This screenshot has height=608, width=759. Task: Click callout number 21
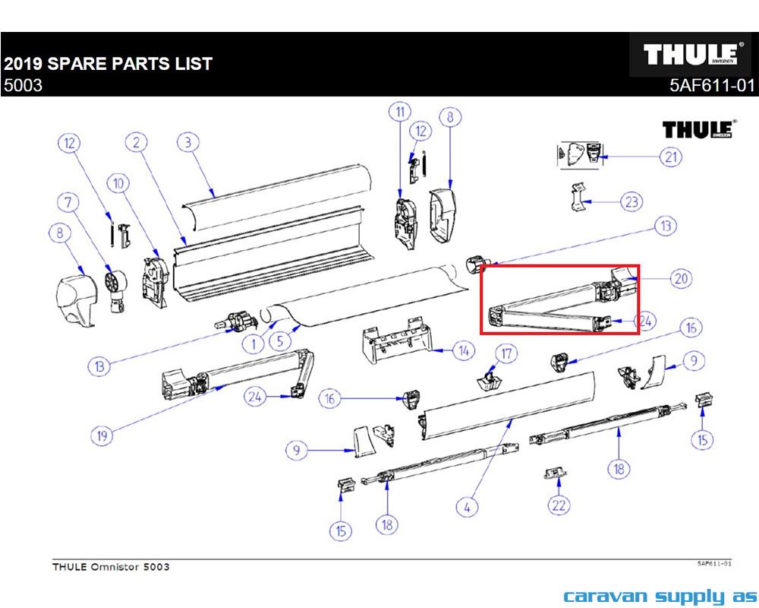click(670, 157)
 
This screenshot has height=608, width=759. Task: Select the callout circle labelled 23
click(631, 202)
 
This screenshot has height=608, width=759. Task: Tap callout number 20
click(681, 279)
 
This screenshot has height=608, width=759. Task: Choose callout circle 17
click(506, 353)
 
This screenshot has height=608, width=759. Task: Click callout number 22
click(559, 505)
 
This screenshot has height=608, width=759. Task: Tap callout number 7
click(71, 203)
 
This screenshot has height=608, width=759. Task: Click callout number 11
click(399, 113)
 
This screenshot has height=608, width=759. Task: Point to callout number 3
click(187, 141)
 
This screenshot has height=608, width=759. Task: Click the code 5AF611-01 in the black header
click(712, 86)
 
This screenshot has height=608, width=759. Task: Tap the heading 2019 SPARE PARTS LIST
click(108, 63)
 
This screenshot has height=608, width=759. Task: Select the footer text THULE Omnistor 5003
click(111, 567)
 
